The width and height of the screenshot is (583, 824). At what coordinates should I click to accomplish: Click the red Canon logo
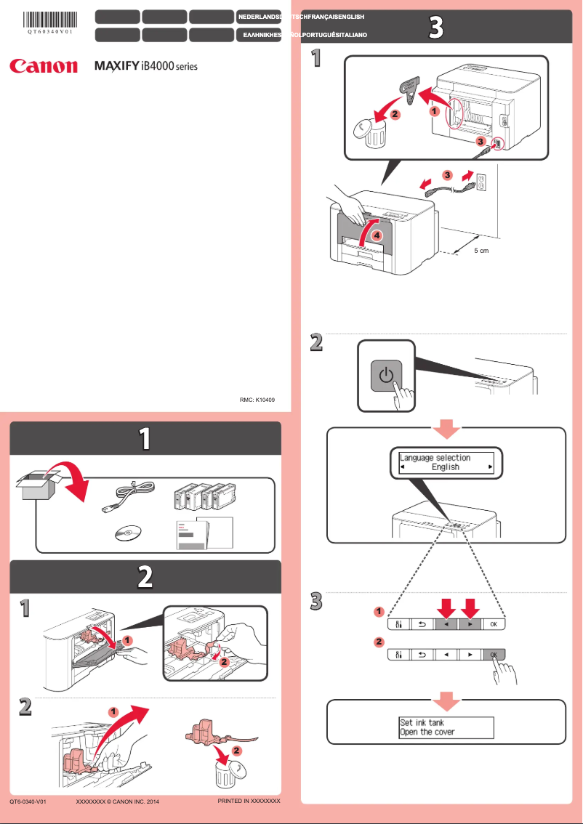coord(43,66)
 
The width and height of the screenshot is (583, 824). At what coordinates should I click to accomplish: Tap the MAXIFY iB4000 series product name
coord(146,66)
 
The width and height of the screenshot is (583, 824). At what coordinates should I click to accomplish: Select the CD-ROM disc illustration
coord(128,534)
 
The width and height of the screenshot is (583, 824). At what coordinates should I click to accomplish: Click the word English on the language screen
coord(445,467)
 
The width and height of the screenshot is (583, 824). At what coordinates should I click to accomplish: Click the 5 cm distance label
coord(476,250)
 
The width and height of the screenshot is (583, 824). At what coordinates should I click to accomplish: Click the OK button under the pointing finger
coord(494,654)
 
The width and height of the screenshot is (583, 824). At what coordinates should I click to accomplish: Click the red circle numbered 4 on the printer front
coord(374,235)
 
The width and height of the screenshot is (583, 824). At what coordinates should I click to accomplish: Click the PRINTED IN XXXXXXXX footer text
coord(249,800)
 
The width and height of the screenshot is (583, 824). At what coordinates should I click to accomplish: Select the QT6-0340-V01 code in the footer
coord(28,801)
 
